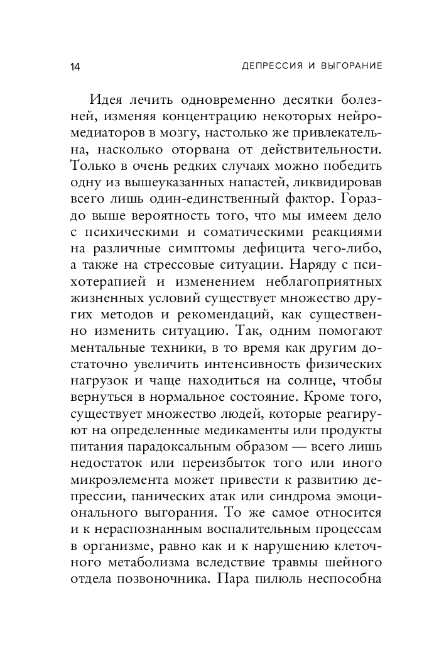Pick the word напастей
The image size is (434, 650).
click(273, 182)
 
